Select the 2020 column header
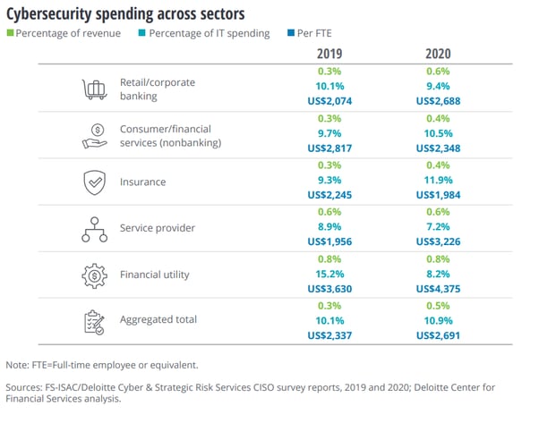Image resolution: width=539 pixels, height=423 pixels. pyautogui.click(x=438, y=53)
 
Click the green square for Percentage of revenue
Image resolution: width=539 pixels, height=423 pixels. pyautogui.click(x=10, y=34)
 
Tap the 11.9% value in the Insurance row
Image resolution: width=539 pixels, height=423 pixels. pyautogui.click(x=438, y=182)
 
